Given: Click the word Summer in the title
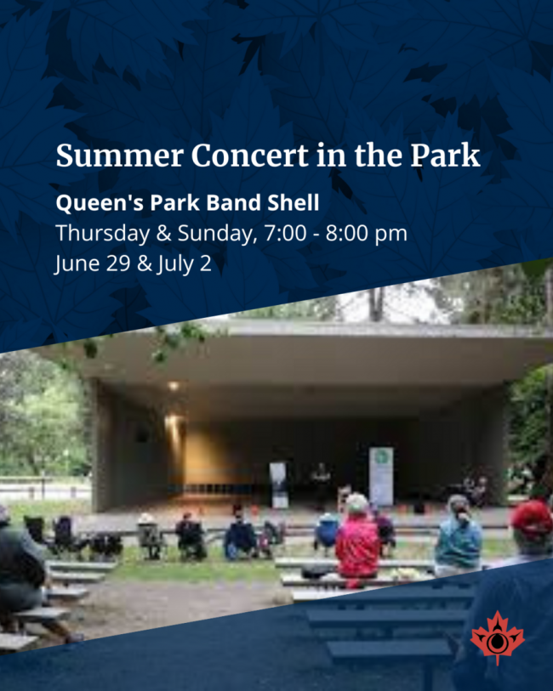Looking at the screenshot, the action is [119, 156].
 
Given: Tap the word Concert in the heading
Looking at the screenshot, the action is [250, 156].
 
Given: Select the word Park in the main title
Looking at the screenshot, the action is [445, 156].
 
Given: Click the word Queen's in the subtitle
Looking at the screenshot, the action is [100, 203].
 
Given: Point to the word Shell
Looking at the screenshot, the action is [294, 203].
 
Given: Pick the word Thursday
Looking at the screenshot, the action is [103, 234].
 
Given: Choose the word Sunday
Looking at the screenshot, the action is [217, 234].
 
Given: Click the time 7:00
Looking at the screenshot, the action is [285, 233].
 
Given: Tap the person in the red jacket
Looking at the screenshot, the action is [356, 540].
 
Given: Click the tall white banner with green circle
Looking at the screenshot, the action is [381, 476].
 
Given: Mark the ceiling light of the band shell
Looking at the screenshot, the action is [174, 386].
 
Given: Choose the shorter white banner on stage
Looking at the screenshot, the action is [279, 484].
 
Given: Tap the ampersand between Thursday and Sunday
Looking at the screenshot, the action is [163, 234].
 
